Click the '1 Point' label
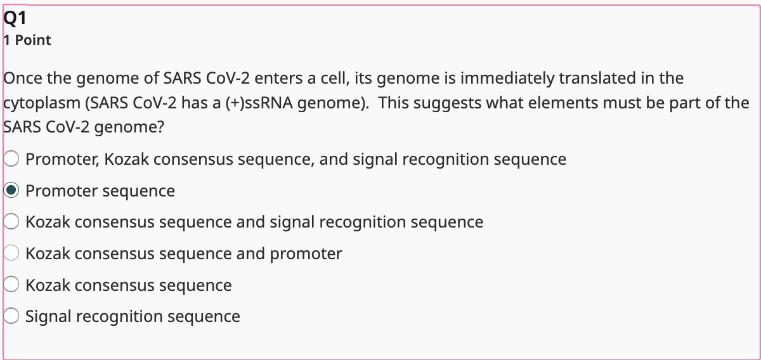27,41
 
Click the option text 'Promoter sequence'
100,191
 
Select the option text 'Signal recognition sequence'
133,316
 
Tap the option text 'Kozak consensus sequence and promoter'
184,254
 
